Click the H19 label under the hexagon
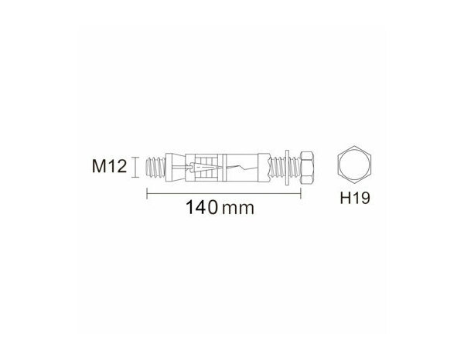point(357,199)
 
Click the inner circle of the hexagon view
point(357,165)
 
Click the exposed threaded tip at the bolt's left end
point(153,166)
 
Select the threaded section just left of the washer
point(275,166)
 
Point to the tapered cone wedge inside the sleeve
point(198,166)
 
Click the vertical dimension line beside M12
point(137,166)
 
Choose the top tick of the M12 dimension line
point(137,157)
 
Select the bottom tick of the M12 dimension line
point(137,176)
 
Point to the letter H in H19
point(346,199)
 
